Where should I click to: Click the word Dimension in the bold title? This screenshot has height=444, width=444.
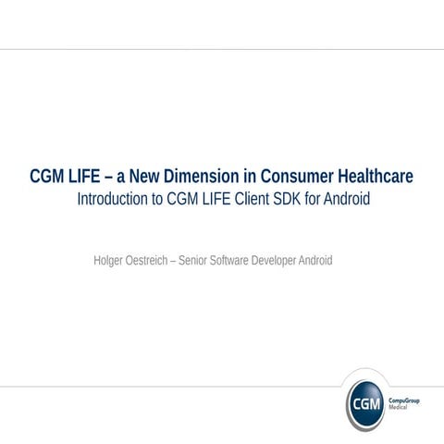pos(205,177)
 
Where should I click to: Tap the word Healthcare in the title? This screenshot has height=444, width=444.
pos(374,177)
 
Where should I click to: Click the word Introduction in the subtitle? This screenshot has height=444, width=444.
pos(111,199)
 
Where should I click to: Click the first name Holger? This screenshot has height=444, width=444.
pos(111,261)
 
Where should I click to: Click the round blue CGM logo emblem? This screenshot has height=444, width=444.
pos(366,404)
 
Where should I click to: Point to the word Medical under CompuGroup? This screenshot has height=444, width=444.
pos(401,408)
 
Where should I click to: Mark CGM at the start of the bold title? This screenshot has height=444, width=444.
pos(47,177)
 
